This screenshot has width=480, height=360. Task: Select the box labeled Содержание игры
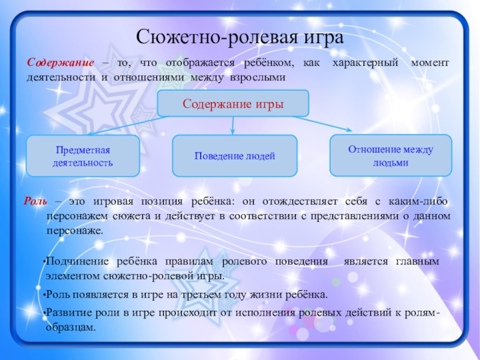[x=233, y=103]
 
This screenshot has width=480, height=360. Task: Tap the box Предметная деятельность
[x=83, y=155]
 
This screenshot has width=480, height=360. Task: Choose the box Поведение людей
[x=235, y=156]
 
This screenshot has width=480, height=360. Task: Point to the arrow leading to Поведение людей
[x=233, y=125]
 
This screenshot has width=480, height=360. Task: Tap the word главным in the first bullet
[x=418, y=262]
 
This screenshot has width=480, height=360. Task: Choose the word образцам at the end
[x=70, y=328]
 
